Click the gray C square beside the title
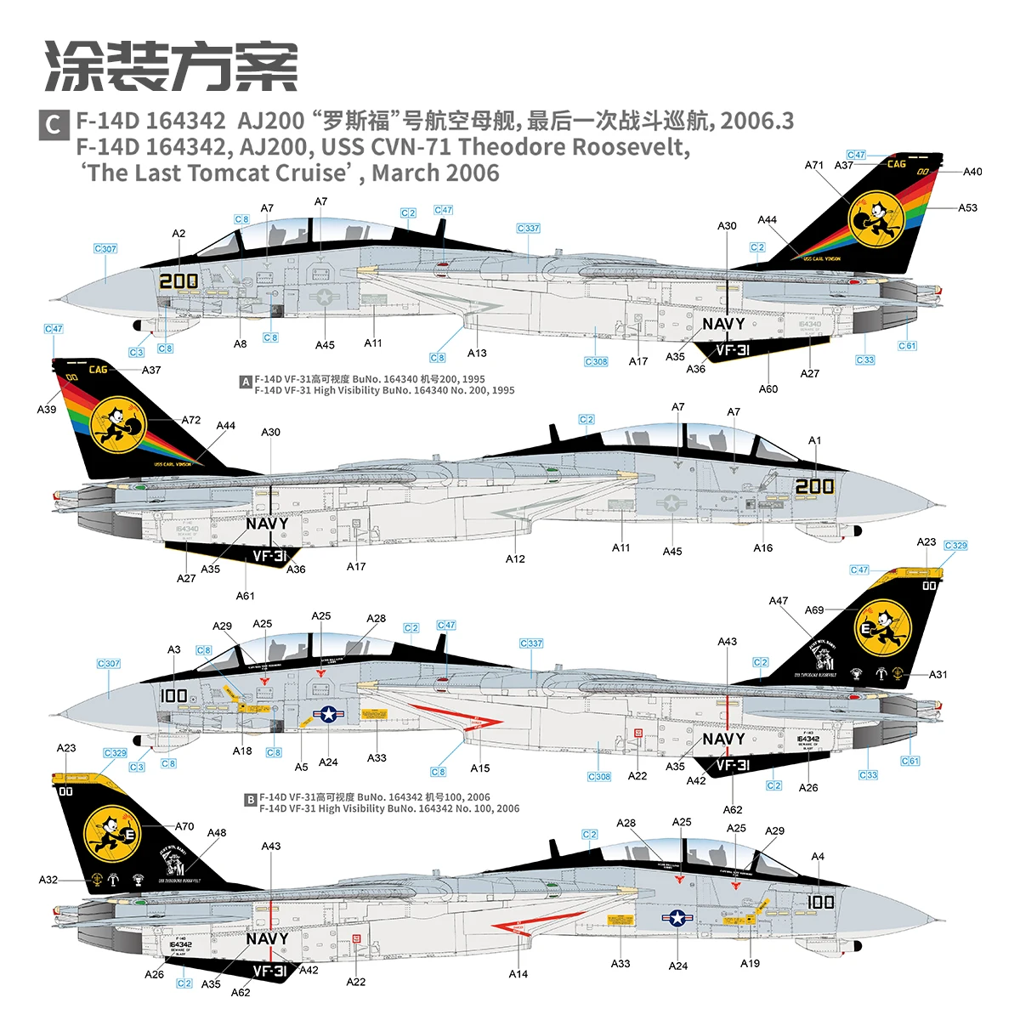coord(53,124)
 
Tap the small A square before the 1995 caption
coord(246,382)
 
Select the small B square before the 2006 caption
coord(250,800)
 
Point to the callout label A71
coord(814,165)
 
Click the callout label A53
coord(967,207)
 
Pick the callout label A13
coord(477,353)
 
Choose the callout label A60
coord(768,388)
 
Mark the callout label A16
coord(762,548)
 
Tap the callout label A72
coord(191,420)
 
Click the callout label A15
coord(480,768)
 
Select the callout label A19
coord(750,963)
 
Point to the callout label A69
coord(814,609)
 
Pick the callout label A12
coord(515,558)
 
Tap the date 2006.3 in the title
coord(756,121)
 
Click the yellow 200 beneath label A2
coord(178,280)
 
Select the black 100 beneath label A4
coord(820,902)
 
